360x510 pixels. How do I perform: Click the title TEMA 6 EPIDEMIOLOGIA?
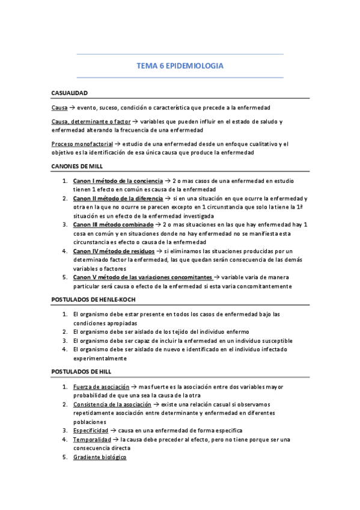180,66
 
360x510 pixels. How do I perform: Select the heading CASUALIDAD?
70,93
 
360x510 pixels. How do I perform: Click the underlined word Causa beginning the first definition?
59,107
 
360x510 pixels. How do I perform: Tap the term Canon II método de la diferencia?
118,198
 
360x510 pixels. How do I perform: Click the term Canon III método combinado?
111,224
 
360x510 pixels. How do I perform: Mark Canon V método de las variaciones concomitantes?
142,277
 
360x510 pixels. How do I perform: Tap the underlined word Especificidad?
91,431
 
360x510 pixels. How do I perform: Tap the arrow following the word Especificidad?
114,431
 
